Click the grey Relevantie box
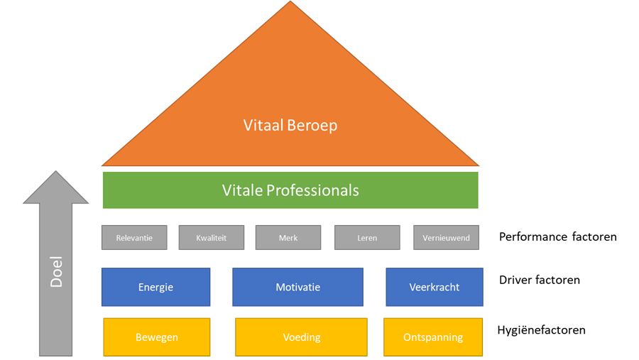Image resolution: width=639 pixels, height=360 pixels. click(x=134, y=238)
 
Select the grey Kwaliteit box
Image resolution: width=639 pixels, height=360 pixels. click(x=212, y=238)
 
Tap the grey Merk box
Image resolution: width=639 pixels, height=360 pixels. click(x=288, y=238)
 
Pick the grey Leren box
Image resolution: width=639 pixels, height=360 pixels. click(x=367, y=238)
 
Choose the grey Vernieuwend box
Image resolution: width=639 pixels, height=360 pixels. click(x=447, y=238)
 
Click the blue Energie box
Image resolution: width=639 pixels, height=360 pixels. click(x=155, y=287)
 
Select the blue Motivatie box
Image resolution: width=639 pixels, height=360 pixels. click(x=298, y=287)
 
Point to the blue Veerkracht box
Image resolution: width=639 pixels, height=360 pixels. click(x=435, y=287)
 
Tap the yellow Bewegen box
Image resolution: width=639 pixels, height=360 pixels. click(x=156, y=337)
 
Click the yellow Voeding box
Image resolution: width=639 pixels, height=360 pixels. click(x=301, y=337)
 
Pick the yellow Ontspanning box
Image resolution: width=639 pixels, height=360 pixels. click(x=433, y=337)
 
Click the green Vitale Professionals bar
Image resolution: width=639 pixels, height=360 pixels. click(x=290, y=190)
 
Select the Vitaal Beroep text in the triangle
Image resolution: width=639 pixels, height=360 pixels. click(x=290, y=126)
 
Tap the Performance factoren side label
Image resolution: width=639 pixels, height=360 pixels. click(x=557, y=237)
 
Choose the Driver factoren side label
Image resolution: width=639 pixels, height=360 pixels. click(x=539, y=280)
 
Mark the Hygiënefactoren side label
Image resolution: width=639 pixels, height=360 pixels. click(x=542, y=329)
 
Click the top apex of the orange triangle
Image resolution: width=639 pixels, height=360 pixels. click(x=290, y=4)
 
